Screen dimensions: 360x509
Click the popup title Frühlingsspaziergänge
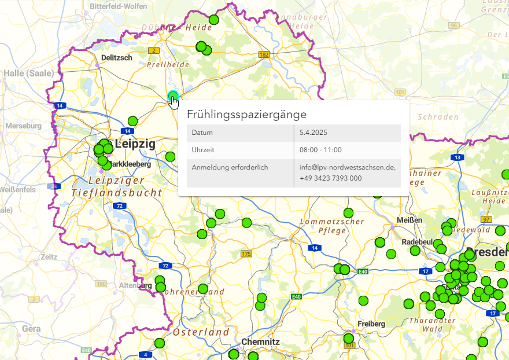tap(246, 115)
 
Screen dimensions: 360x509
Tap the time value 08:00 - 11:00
tap(320, 150)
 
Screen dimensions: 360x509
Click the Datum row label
tap(202, 133)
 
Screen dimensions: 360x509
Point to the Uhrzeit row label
tap(203, 150)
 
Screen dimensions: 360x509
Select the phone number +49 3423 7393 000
tap(331, 178)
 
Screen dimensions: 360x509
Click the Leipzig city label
tap(135, 144)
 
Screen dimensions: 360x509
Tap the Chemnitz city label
tap(260, 342)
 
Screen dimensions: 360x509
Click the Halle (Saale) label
tap(28, 74)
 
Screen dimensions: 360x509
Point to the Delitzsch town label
tap(116, 58)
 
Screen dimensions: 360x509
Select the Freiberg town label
tap(371, 324)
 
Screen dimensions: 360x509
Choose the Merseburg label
tap(23, 126)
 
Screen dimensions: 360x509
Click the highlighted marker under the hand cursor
tap(172, 96)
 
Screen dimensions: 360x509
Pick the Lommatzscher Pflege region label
tap(332, 226)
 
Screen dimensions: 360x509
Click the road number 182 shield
tap(265, 54)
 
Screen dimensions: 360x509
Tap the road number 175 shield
tap(246, 254)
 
